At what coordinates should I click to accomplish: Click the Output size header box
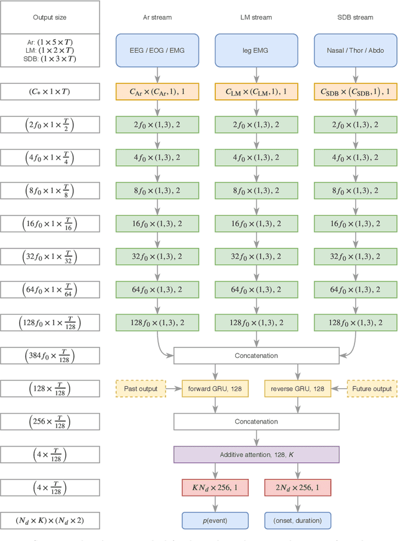click(50, 17)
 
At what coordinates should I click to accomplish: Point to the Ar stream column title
click(157, 17)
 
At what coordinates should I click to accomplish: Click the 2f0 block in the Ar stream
click(157, 124)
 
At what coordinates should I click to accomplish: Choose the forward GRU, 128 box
click(215, 389)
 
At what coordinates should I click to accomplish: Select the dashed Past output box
click(141, 389)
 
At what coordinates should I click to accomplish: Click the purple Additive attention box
click(257, 455)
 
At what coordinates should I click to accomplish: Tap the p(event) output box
click(215, 521)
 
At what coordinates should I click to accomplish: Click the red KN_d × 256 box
click(215, 488)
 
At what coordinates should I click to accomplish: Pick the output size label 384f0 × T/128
click(50, 356)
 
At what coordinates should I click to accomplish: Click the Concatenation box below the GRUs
click(257, 422)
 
